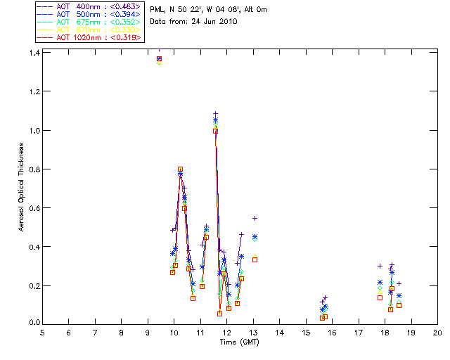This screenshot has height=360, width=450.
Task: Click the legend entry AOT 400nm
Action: pyautogui.click(x=83, y=6)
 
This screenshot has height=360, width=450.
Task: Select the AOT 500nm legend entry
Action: pyautogui.click(x=83, y=14)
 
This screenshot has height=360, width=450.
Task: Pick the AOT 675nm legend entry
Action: pyautogui.click(x=83, y=22)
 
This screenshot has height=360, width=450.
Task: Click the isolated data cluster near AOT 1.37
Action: pyautogui.click(x=159, y=60)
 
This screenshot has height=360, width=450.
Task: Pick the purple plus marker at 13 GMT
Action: pyautogui.click(x=255, y=218)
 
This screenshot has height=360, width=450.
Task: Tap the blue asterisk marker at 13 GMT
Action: pyautogui.click(x=255, y=237)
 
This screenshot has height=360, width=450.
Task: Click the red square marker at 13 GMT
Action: pyautogui.click(x=255, y=259)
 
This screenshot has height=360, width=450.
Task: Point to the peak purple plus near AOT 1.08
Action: pyautogui.click(x=215, y=113)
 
